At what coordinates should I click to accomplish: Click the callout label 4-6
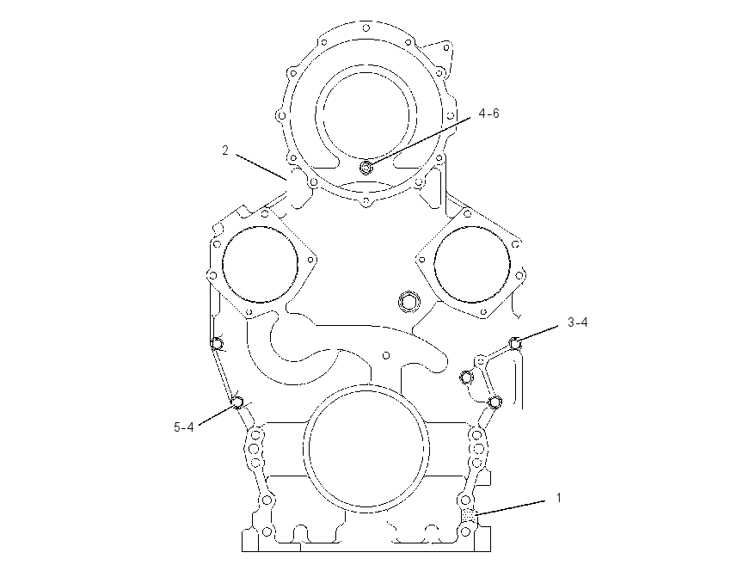[x=488, y=114]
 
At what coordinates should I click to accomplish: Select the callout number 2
[x=225, y=150]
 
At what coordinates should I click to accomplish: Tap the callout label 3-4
[x=578, y=322]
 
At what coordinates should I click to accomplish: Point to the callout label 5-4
[x=183, y=427]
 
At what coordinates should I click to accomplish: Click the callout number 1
[x=559, y=498]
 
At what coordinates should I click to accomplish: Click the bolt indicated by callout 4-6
[x=366, y=167]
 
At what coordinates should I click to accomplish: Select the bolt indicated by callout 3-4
[x=514, y=343]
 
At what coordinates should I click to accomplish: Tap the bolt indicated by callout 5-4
[x=237, y=402]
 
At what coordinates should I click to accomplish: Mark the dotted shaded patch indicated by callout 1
[x=469, y=514]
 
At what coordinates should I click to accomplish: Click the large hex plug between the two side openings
[x=408, y=301]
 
